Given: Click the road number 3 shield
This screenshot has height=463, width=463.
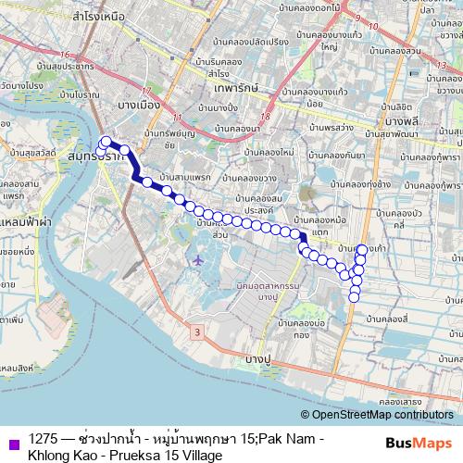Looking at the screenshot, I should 197,331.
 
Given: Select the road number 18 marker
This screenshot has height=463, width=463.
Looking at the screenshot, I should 266,118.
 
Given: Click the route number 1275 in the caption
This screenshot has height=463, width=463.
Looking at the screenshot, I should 44,437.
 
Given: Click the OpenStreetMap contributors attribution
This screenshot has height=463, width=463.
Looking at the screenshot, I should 381,414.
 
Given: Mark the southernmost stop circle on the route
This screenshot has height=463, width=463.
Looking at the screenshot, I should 354,296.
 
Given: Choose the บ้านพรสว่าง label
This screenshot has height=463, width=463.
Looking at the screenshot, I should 312,126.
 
